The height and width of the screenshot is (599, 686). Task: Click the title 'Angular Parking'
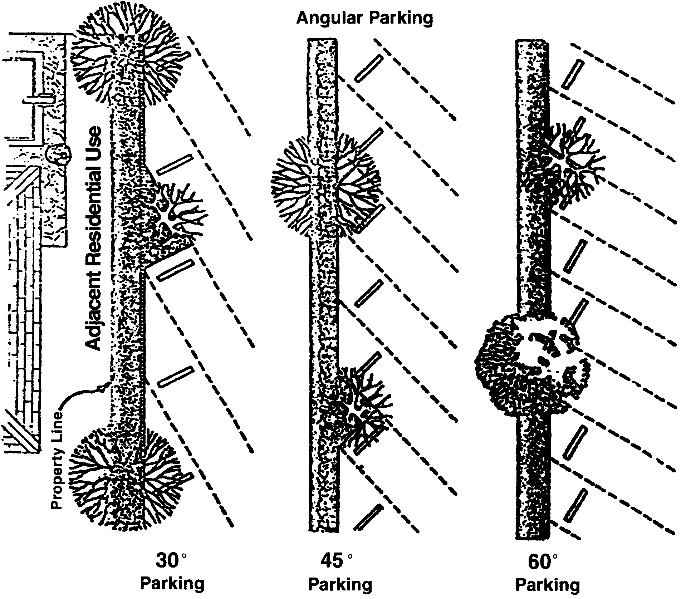click(364, 18)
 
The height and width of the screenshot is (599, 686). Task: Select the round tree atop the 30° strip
click(127, 54)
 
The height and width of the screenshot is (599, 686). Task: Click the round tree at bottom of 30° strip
click(124, 479)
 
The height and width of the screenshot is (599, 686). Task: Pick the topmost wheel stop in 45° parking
click(369, 69)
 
